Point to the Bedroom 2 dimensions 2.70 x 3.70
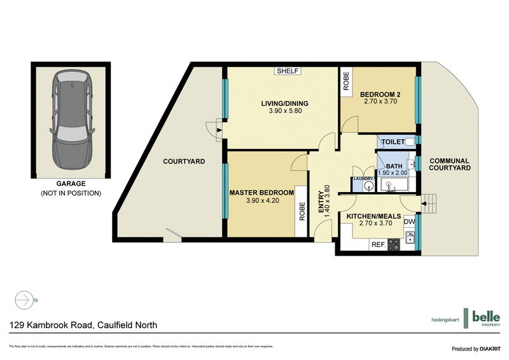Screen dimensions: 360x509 click(380, 100)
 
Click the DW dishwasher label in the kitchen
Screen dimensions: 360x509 click(410, 221)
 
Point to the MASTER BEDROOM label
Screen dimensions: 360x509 click(261, 193)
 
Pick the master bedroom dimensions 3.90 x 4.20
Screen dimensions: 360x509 click(261, 202)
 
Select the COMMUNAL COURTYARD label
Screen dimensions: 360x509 click(449, 164)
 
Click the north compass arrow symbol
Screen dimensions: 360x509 click(24, 299)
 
